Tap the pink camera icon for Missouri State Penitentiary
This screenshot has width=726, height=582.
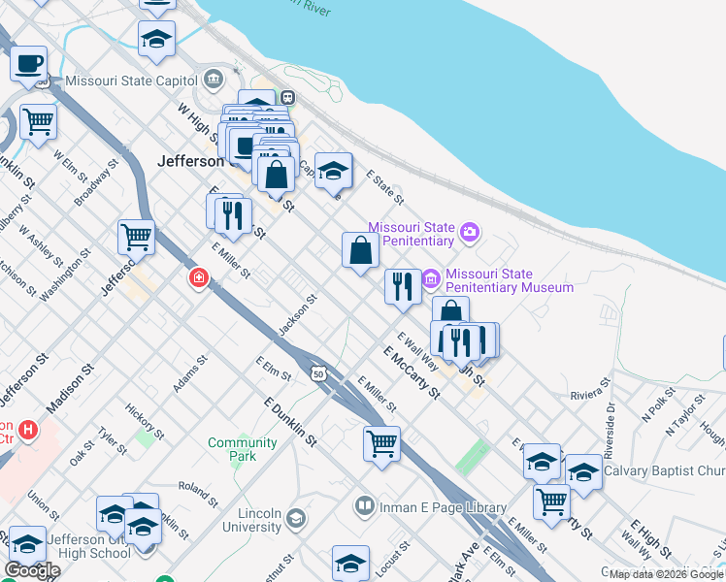[x=470, y=231]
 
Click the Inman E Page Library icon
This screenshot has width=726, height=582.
[x=364, y=506]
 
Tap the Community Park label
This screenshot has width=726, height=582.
[x=243, y=449]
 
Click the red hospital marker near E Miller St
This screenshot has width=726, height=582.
[x=198, y=278]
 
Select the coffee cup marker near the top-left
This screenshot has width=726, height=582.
[x=29, y=64]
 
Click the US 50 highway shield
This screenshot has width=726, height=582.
[x=317, y=372]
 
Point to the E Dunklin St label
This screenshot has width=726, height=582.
[x=290, y=421]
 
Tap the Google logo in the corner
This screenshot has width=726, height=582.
[x=33, y=570]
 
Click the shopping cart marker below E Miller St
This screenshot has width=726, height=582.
[x=381, y=444]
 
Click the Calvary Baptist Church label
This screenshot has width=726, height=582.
[x=664, y=471]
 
